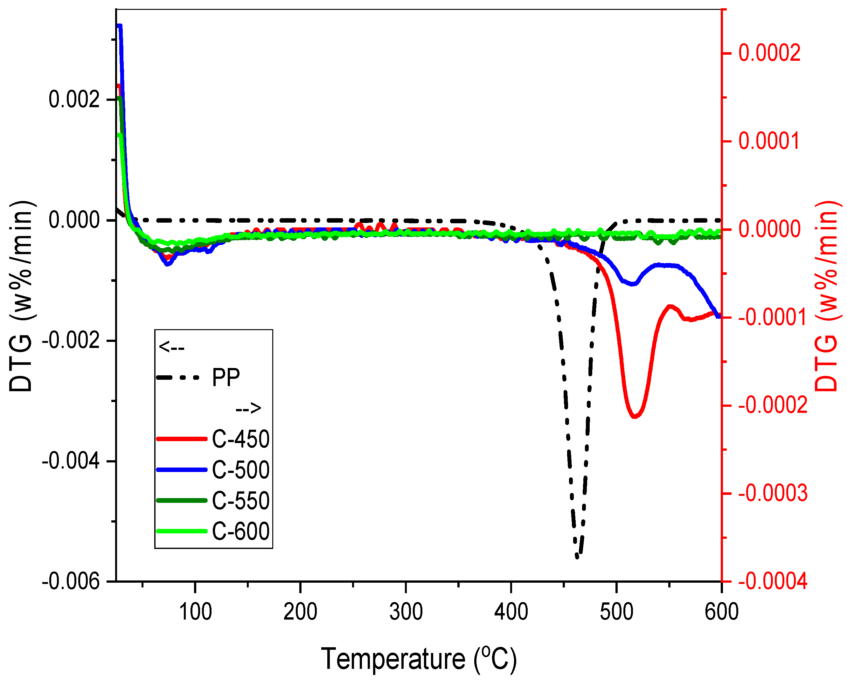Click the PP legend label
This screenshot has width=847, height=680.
click(226, 378)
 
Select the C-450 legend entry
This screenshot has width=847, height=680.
click(240, 439)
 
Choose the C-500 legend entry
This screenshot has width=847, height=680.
click(240, 470)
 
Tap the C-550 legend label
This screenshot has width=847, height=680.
click(240, 501)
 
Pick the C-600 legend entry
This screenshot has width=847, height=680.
click(240, 531)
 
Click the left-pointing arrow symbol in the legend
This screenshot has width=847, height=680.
click(171, 347)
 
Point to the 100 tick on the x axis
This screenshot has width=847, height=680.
click(195, 612)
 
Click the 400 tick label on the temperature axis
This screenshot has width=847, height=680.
click(511, 612)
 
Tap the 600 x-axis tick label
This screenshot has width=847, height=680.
click(721, 612)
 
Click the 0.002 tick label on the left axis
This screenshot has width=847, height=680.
click(74, 99)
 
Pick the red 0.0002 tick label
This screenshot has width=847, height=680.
click(769, 53)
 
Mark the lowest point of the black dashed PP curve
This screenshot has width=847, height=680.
click(577, 556)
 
